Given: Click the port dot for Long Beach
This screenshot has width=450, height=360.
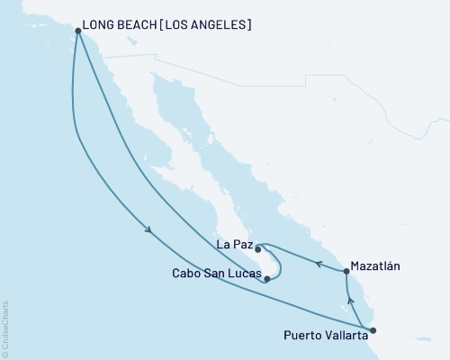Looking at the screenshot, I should coord(78,31).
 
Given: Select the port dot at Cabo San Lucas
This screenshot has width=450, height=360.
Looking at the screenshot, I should coord(267,279).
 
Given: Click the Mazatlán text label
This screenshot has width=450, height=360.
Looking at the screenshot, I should coord(378,266).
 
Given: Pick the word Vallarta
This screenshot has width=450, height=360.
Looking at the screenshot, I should coord(344,337).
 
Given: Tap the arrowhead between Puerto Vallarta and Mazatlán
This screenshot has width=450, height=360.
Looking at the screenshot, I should coord(350,301).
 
